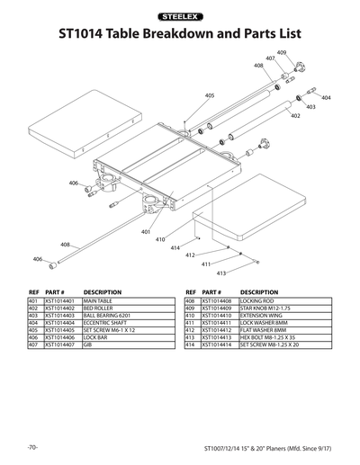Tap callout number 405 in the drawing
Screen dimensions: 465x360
click(209, 94)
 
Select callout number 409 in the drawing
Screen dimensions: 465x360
click(282, 53)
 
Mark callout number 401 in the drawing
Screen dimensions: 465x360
click(146, 232)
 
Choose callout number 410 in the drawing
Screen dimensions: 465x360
click(159, 239)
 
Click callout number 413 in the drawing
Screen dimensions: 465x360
click(220, 272)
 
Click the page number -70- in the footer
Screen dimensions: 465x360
click(32, 447)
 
